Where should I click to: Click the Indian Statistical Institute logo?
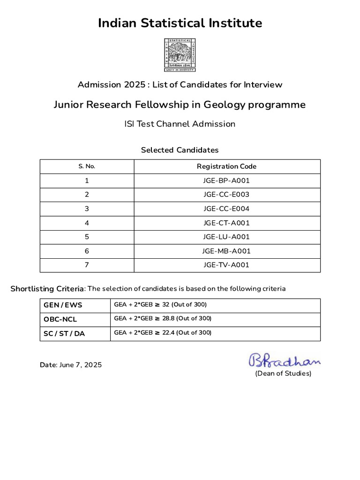(180, 55)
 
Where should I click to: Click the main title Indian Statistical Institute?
(180, 23)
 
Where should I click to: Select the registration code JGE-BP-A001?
(227, 180)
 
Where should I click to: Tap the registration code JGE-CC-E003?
(227, 195)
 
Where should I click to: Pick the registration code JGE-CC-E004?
(227, 209)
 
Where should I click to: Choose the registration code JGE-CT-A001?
(227, 223)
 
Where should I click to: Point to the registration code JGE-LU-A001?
(227, 237)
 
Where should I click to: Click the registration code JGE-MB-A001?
(227, 251)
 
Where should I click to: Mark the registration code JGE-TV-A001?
(227, 265)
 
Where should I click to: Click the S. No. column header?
(87, 166)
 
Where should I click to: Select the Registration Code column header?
(227, 166)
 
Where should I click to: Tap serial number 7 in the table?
(87, 265)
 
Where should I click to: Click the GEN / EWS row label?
(63, 305)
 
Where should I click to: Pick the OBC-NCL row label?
(60, 319)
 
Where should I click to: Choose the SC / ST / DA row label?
(64, 333)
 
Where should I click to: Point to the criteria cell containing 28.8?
(163, 319)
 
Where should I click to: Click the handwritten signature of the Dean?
(284, 360)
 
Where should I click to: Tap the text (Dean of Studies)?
(283, 374)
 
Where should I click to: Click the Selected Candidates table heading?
(180, 150)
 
